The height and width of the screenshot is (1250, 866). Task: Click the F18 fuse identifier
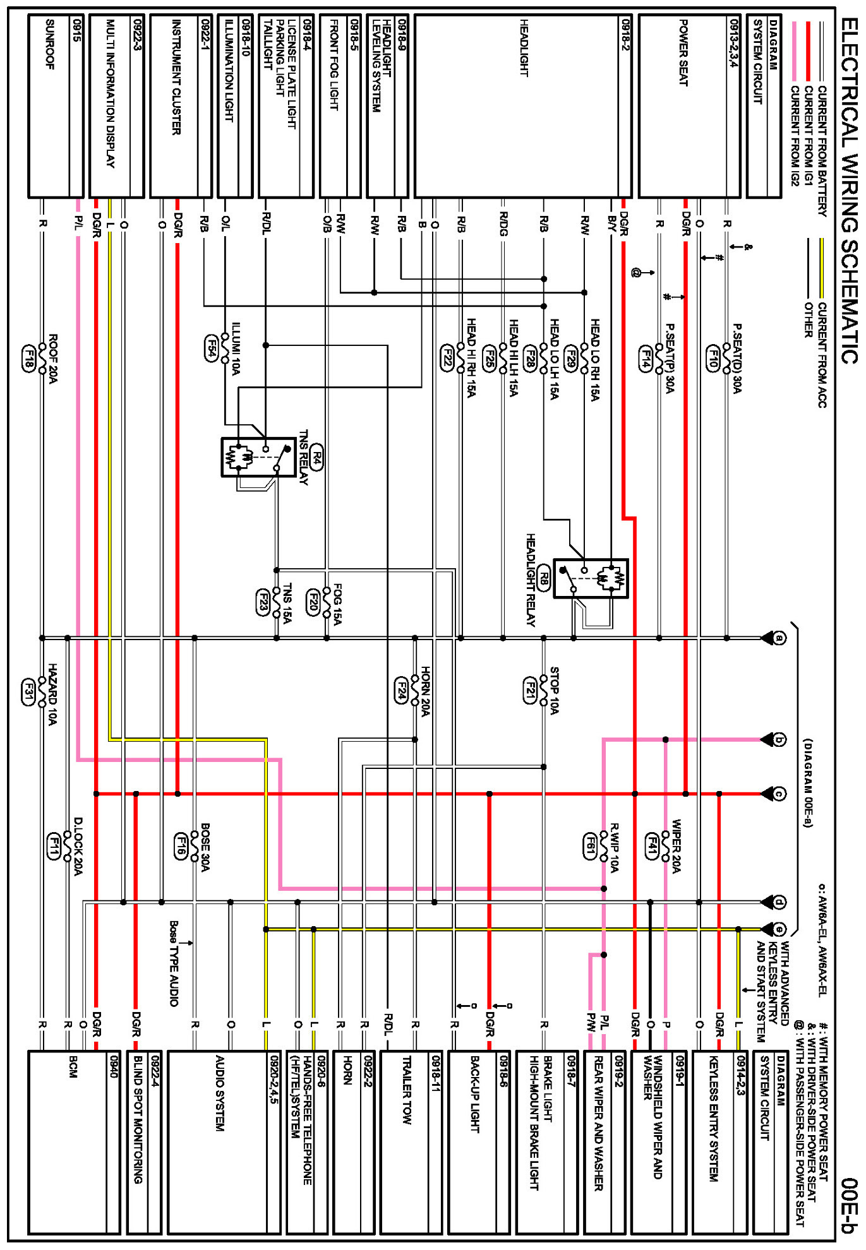pos(28,357)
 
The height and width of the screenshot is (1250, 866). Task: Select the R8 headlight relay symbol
pos(591,578)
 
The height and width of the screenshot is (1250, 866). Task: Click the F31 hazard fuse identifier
pos(28,693)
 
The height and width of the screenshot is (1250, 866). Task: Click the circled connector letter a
pos(780,638)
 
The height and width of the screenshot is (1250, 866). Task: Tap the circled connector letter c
pos(780,794)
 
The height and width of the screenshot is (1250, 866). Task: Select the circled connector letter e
pos(780,929)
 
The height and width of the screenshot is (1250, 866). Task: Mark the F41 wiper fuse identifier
pos(651,846)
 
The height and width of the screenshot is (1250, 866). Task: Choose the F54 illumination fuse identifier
pos(212,348)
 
